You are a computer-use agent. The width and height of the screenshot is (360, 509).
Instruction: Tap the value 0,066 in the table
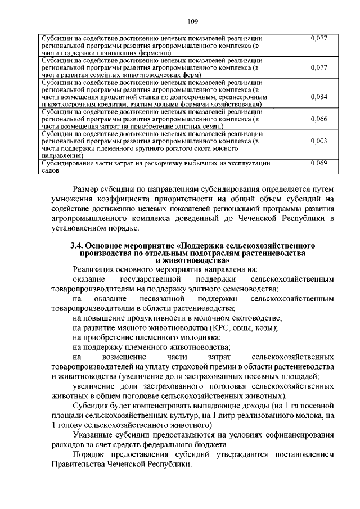(x=319, y=119)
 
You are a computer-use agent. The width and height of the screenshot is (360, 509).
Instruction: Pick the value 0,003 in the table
(x=319, y=141)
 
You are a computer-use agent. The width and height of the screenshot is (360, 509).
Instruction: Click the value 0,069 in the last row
(x=319, y=163)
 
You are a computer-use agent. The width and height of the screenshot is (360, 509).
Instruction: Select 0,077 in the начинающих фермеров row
(x=319, y=38)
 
